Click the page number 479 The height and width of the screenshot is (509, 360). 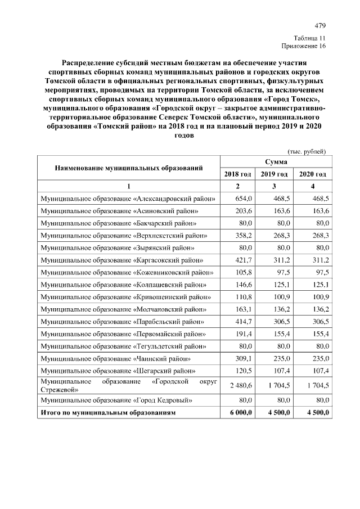320,26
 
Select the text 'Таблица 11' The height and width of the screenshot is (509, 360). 309,38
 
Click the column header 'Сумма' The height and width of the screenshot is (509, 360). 275,162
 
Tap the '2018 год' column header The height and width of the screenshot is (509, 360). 237,174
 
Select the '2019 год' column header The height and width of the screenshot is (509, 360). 274,174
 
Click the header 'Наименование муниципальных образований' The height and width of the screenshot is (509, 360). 129,168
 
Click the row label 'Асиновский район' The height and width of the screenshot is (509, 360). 119,211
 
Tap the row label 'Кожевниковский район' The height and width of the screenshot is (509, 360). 127,272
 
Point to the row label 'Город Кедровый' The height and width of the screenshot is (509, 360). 117,400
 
